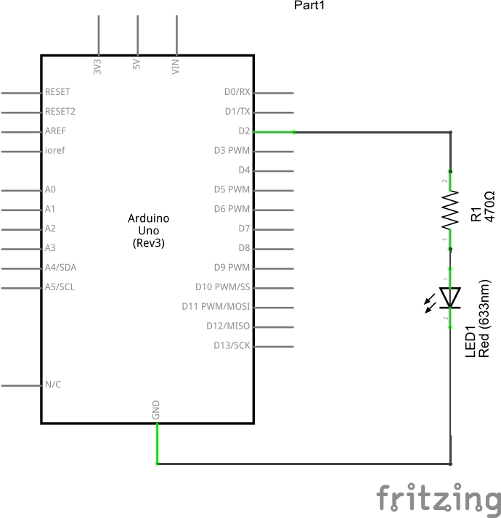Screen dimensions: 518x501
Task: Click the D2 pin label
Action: click(244, 131)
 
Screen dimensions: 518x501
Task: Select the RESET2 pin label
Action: click(60, 112)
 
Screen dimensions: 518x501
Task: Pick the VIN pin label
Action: click(175, 67)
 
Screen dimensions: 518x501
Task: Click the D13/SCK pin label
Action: click(232, 345)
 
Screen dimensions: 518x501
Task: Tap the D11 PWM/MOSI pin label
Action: click(216, 306)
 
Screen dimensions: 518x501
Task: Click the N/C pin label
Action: click(53, 385)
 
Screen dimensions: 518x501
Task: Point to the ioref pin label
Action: click(55, 151)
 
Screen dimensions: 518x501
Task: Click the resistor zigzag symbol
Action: click(451, 209)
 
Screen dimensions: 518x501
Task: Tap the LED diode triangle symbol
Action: click(450, 297)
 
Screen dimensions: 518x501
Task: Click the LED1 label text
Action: click(470, 342)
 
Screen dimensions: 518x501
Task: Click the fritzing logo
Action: click(439, 499)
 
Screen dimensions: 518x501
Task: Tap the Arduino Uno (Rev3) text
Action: click(149, 231)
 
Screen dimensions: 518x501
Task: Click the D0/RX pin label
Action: click(237, 92)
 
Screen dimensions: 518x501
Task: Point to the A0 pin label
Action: click(50, 189)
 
